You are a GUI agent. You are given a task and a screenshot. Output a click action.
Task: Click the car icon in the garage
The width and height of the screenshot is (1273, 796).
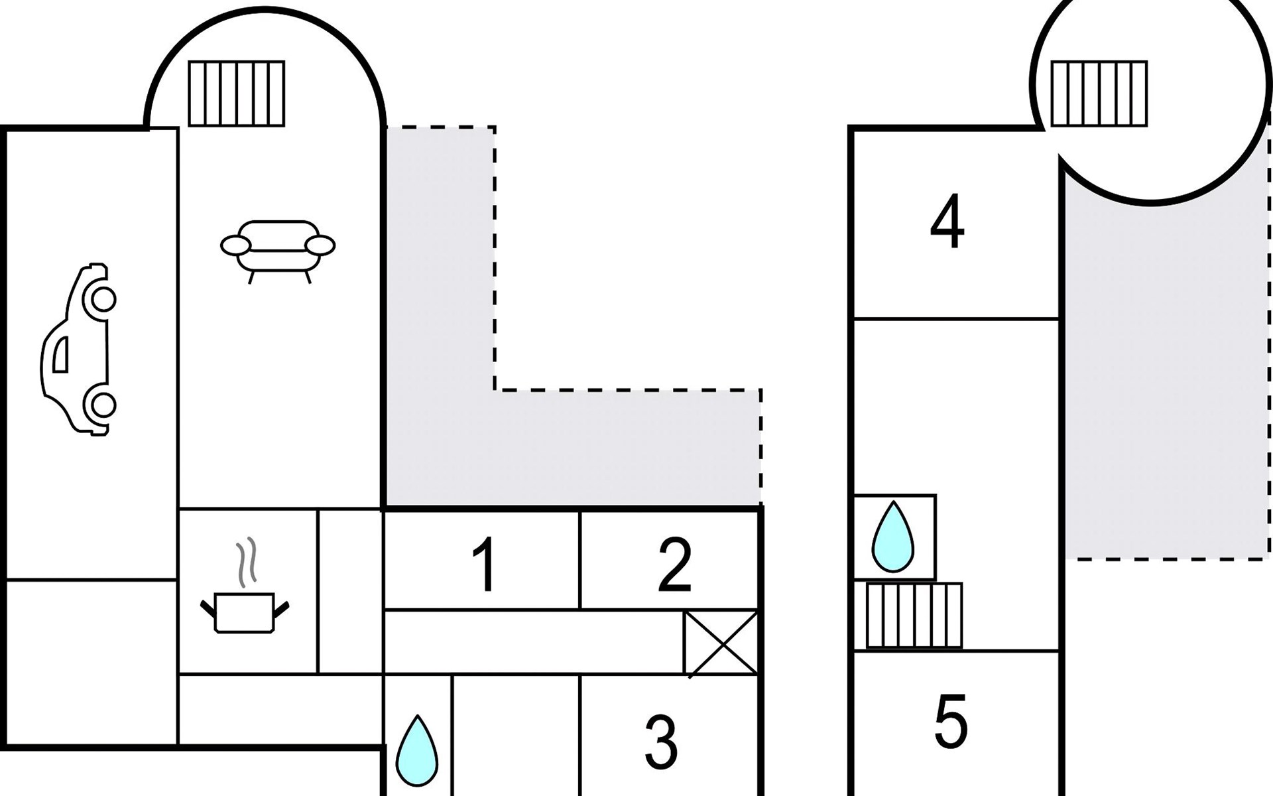[x=79, y=350]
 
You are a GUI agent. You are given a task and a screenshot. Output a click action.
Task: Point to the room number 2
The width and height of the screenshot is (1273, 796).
[x=675, y=565]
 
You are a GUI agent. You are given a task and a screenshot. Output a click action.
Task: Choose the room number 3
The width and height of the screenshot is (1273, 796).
[x=661, y=742]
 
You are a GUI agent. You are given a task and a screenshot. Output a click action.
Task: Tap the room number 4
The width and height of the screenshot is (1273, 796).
[x=947, y=222]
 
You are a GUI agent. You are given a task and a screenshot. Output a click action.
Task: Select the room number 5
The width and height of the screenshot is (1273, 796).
[x=951, y=722]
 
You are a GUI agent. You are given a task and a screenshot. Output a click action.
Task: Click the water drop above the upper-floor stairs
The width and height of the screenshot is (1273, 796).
[x=892, y=537]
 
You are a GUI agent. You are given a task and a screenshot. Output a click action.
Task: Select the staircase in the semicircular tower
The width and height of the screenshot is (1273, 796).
[x=237, y=94]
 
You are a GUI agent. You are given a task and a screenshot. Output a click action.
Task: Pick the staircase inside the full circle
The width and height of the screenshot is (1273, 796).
[x=1099, y=94]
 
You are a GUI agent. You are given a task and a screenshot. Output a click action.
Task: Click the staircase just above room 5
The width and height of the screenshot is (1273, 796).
[x=914, y=616]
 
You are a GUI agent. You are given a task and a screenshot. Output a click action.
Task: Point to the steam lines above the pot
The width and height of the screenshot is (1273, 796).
[x=246, y=563]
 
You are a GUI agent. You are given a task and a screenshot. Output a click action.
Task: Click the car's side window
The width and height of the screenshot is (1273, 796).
[x=60, y=354]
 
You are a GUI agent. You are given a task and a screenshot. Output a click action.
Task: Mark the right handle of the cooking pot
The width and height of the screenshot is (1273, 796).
[x=282, y=608]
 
